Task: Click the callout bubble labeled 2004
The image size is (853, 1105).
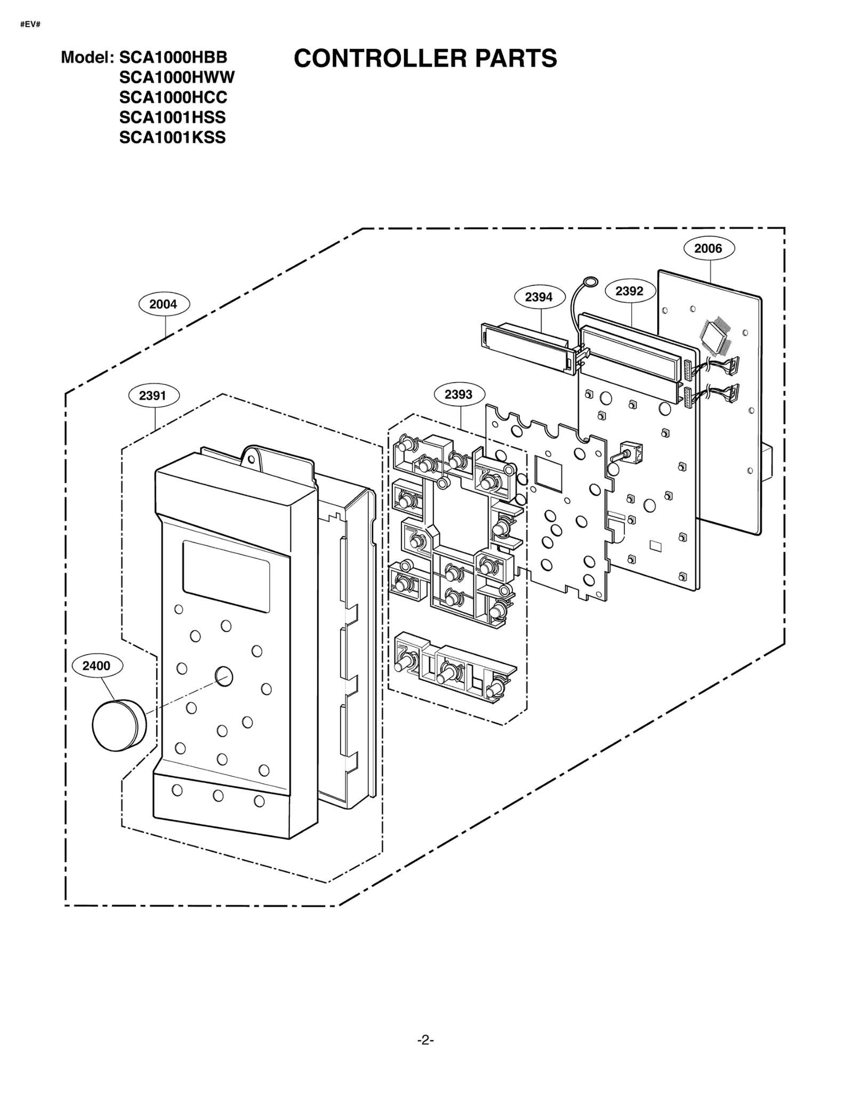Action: click(164, 304)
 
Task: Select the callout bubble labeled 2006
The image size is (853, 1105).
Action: click(709, 248)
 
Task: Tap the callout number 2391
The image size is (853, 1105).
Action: click(154, 396)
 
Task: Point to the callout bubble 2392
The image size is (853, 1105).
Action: click(630, 291)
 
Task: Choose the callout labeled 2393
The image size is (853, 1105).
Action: click(458, 394)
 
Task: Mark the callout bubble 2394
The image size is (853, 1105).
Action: click(539, 297)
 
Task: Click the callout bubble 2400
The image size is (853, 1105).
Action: click(96, 666)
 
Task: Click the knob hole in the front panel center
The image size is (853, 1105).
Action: click(224, 676)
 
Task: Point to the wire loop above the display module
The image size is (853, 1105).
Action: click(590, 283)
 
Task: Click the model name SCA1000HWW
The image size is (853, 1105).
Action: click(176, 78)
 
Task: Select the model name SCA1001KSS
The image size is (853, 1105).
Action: click(172, 138)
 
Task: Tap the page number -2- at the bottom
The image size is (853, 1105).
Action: click(425, 1040)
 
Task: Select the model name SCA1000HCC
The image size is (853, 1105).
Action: click(173, 98)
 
